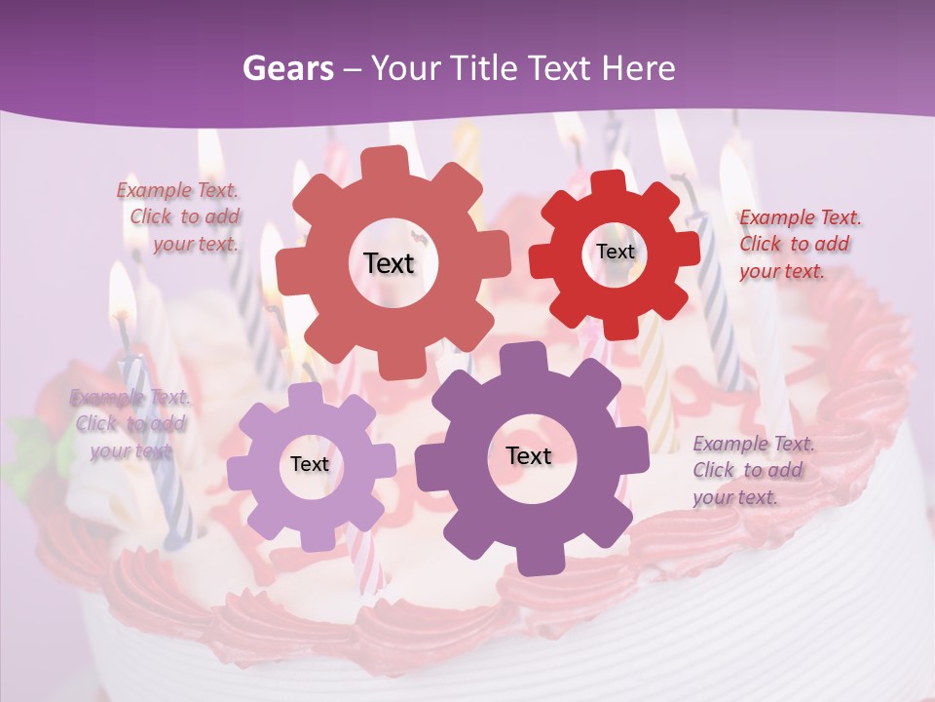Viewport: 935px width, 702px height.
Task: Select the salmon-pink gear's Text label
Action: pos(389,263)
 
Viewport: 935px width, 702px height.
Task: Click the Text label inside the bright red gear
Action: pos(615,252)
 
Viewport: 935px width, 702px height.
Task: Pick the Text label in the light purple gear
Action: pos(310,464)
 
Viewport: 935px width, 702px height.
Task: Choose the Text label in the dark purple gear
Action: pos(529,455)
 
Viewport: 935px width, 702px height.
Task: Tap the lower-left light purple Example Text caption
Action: pos(130,424)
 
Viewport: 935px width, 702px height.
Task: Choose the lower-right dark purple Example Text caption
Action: pos(751,470)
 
